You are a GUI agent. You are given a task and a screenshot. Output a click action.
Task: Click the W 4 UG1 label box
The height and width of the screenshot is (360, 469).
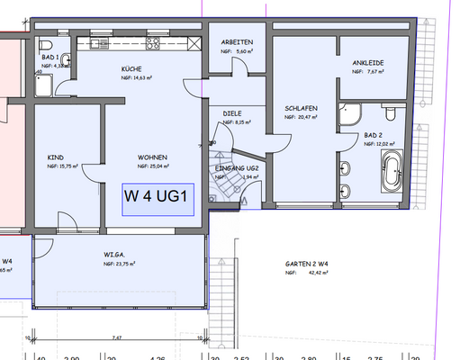158,199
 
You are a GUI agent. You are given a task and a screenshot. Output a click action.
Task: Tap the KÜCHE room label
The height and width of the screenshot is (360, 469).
132,68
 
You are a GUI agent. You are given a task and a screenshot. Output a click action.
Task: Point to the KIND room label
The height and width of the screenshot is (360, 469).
55,157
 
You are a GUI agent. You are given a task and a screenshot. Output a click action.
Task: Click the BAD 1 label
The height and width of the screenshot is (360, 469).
50,56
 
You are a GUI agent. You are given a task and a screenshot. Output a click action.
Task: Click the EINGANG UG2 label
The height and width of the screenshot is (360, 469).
239,168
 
